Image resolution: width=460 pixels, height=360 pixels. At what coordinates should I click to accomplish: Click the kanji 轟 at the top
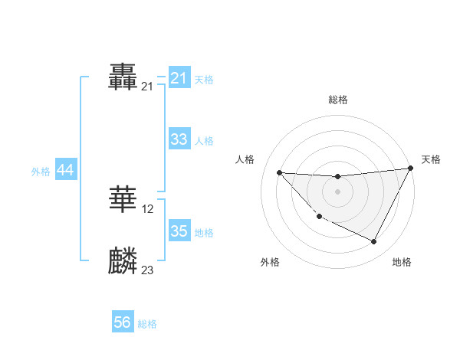click(123, 77)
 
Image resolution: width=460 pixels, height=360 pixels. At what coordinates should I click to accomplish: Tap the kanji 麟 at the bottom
click(123, 261)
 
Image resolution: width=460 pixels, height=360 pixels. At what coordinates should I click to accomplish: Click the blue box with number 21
click(179, 78)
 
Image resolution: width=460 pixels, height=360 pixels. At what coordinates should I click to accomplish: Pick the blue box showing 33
click(179, 139)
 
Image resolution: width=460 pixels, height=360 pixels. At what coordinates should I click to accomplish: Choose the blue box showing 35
click(179, 231)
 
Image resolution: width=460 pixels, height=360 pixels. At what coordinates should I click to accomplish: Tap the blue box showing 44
click(65, 171)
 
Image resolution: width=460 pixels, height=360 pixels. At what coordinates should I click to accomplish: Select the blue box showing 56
click(123, 323)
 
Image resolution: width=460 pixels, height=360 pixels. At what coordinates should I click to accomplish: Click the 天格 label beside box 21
click(204, 79)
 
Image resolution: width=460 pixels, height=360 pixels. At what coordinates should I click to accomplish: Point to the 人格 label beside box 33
click(204, 141)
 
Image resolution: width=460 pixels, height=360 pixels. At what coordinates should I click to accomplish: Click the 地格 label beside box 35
click(204, 232)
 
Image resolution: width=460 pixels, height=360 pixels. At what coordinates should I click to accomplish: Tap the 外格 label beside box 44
click(41, 172)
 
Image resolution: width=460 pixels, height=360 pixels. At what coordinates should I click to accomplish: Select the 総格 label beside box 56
click(147, 324)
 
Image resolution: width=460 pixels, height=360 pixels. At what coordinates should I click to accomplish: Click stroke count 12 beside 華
click(148, 209)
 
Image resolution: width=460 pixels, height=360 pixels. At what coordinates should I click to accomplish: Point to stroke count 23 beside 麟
click(148, 270)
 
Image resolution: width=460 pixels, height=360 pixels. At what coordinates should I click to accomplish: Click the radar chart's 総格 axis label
click(337, 100)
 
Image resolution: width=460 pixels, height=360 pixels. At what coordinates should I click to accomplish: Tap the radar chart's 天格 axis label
click(431, 159)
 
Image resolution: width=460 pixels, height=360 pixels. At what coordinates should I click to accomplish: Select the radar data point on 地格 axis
click(374, 242)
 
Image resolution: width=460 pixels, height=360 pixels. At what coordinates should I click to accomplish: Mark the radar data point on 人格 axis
click(279, 172)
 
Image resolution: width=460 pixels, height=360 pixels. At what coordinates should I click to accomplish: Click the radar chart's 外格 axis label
click(270, 263)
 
